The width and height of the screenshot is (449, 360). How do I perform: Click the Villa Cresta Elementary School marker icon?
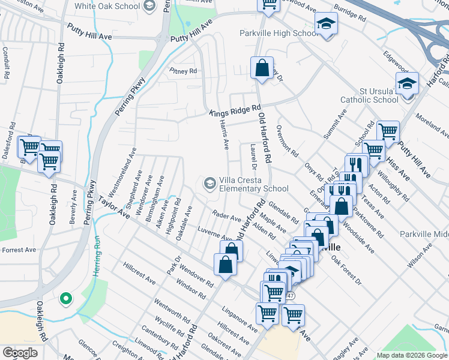210,183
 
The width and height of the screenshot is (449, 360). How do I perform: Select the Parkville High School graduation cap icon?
326,24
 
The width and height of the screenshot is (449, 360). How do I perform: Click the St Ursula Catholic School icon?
407,85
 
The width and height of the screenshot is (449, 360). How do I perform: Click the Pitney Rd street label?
183,71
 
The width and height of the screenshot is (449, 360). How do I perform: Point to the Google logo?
20,352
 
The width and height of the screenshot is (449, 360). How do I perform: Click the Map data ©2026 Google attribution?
411,355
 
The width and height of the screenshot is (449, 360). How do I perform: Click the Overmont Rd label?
287,140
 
